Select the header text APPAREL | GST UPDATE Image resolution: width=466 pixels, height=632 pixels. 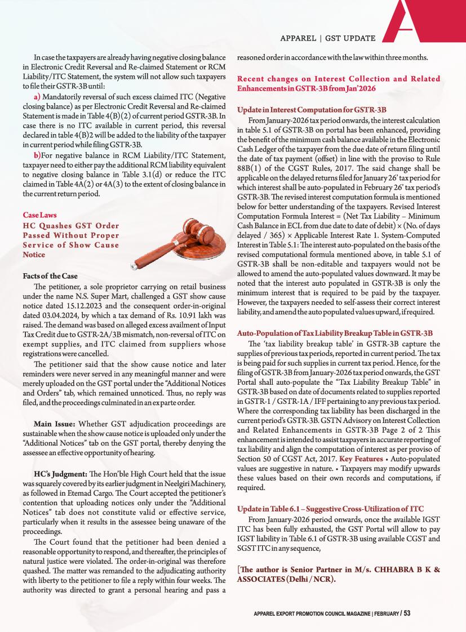click(328, 38)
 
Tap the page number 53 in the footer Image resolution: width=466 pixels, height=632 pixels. click(406, 613)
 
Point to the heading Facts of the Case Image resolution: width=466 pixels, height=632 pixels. click(50, 276)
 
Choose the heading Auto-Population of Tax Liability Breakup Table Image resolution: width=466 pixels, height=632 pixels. click(335, 333)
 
